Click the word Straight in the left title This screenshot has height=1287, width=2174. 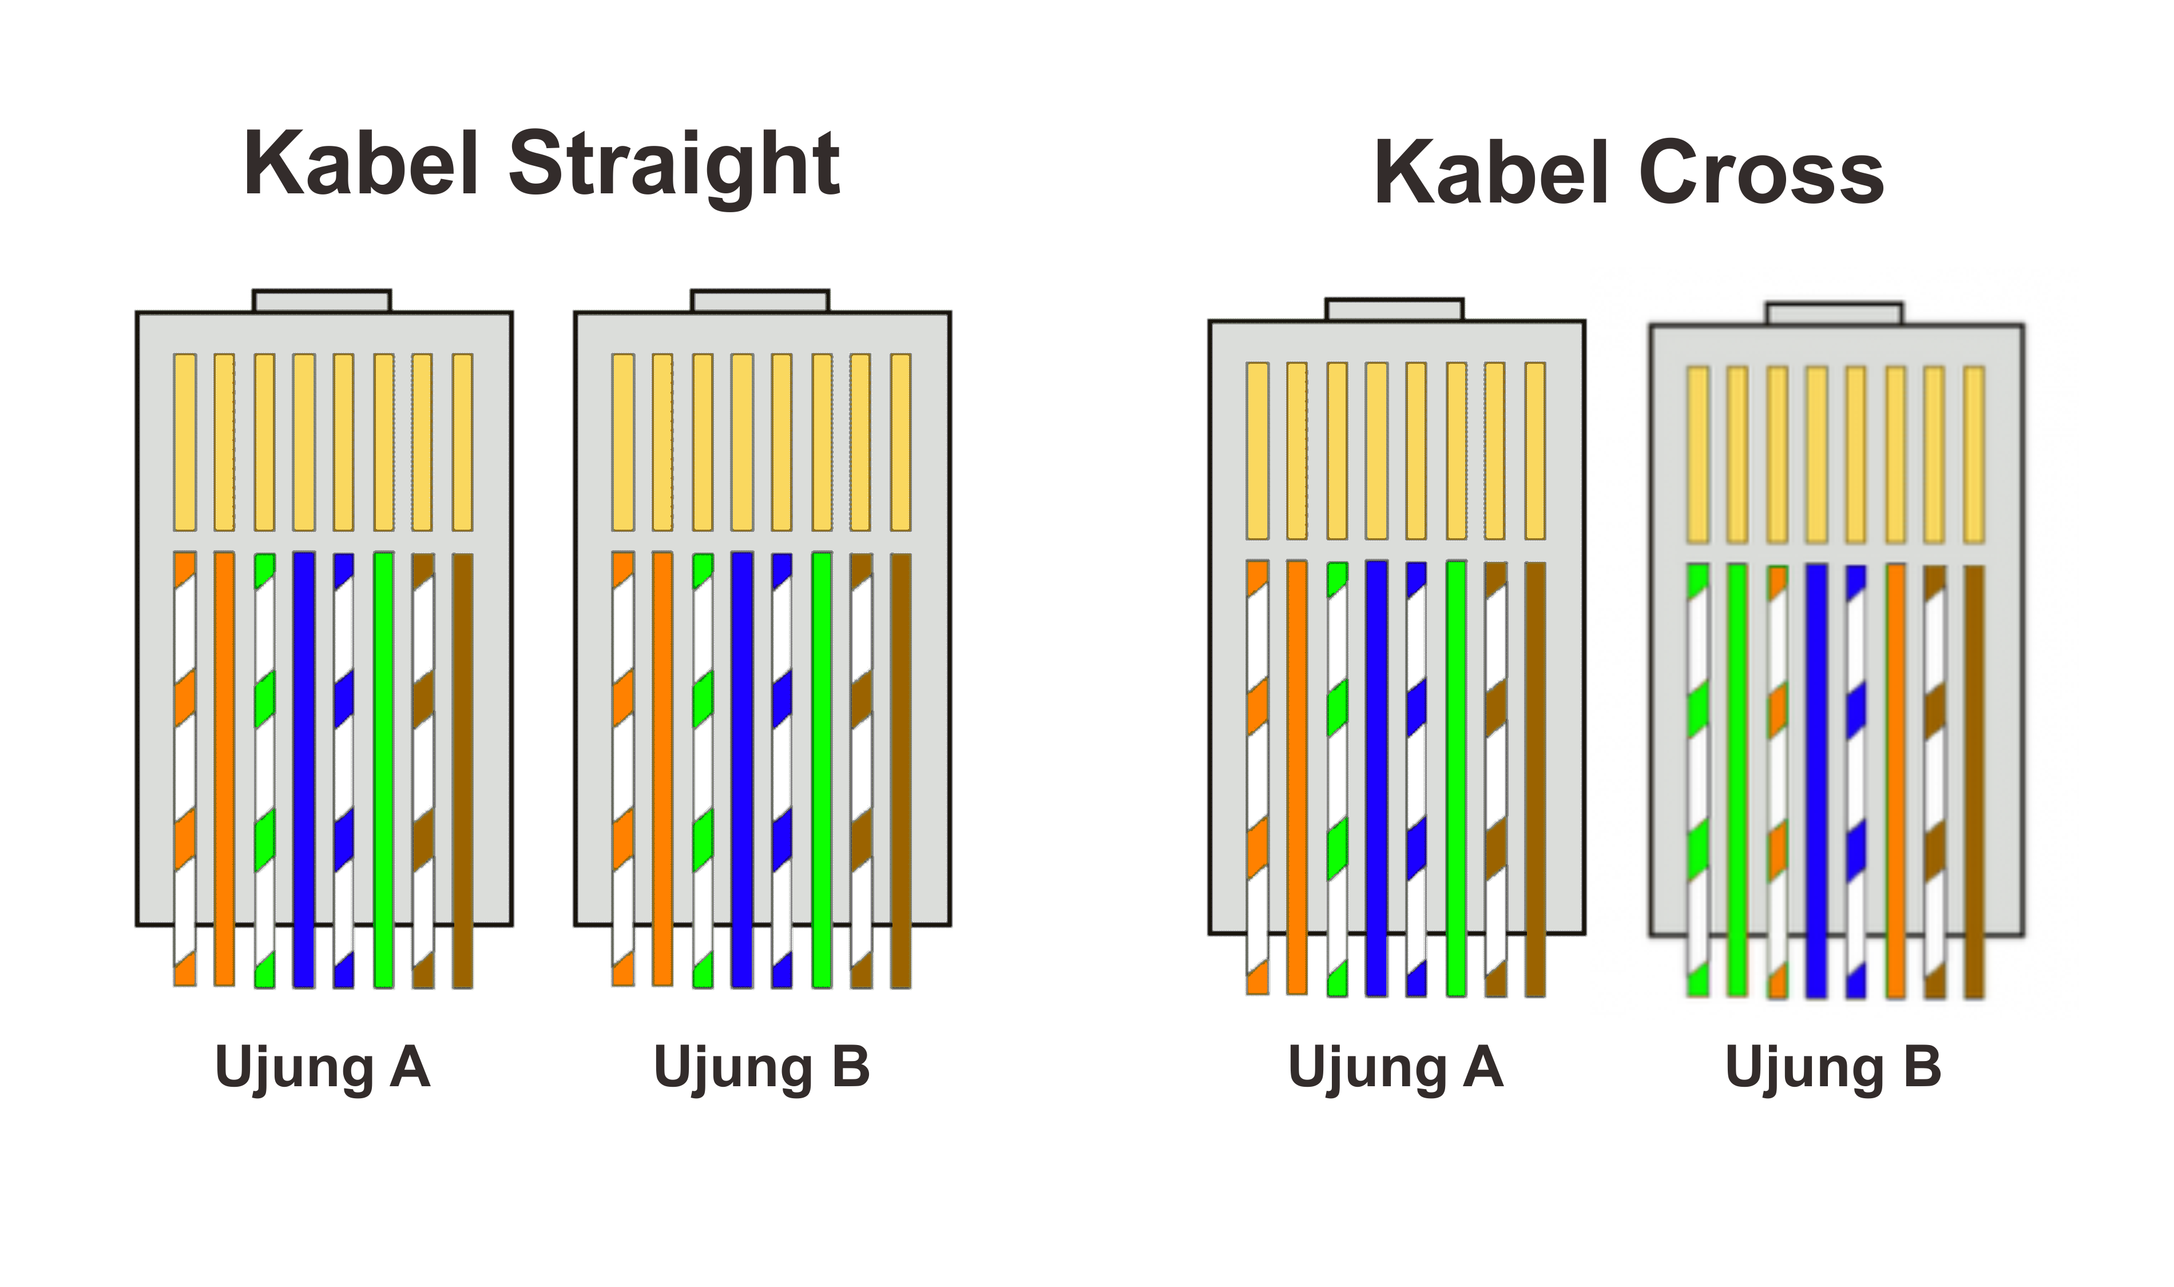point(674,166)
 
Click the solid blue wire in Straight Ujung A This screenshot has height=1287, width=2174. point(304,769)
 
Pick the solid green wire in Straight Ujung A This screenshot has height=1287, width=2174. point(383,769)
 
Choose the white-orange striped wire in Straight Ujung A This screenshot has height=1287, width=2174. point(185,769)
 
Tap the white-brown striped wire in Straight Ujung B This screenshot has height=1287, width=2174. point(861,770)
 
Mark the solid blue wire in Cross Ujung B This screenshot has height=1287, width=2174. point(1817,781)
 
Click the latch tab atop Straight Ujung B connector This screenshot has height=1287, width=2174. point(760,301)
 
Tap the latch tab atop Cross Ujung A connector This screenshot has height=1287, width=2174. point(1394,309)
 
